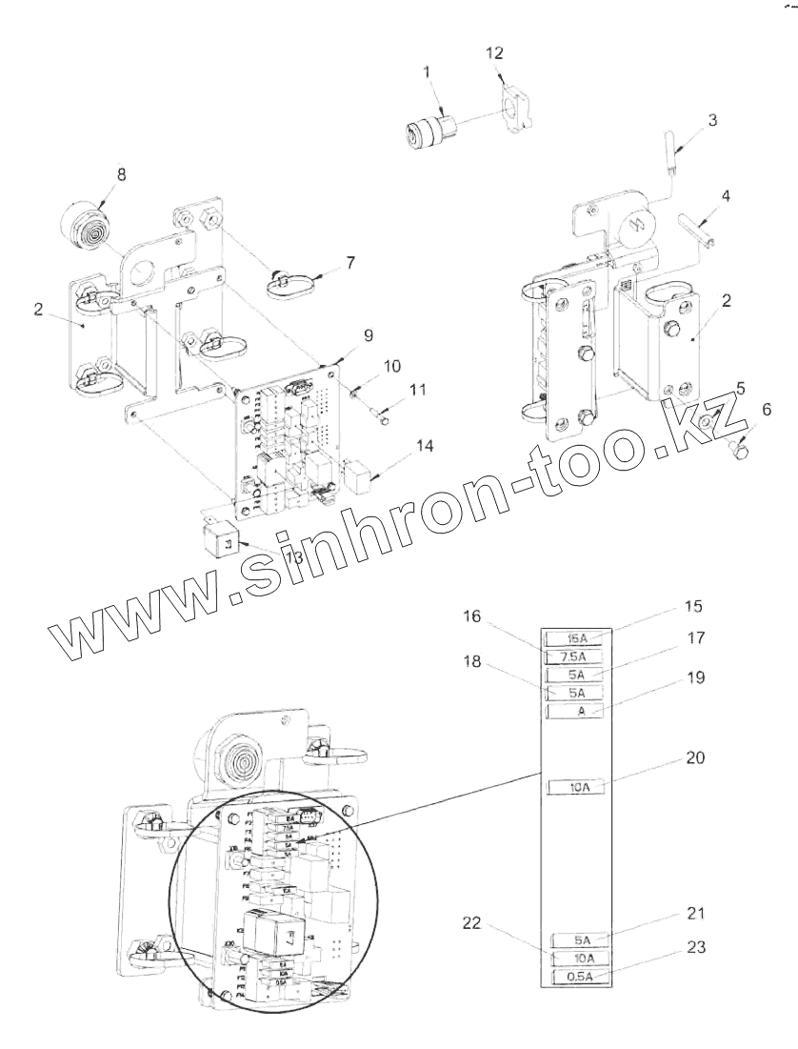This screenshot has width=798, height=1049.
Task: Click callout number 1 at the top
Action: click(x=427, y=71)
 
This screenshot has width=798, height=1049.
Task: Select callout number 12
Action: click(x=494, y=51)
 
